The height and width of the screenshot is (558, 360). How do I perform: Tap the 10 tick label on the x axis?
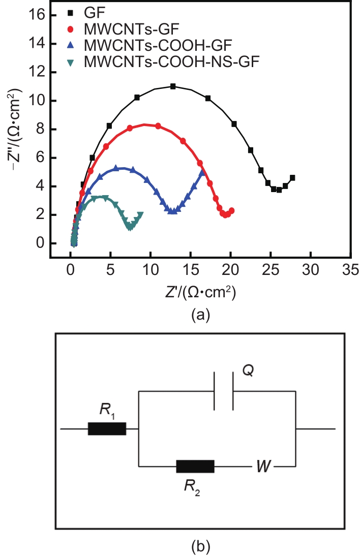click(150, 268)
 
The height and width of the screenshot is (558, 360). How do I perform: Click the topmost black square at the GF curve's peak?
click(173, 86)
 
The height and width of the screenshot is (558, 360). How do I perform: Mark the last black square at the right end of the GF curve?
click(292, 178)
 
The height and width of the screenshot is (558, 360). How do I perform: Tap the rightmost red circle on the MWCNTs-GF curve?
click(232, 210)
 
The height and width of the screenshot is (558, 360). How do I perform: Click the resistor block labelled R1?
click(107, 429)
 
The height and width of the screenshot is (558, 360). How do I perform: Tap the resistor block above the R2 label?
click(195, 466)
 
